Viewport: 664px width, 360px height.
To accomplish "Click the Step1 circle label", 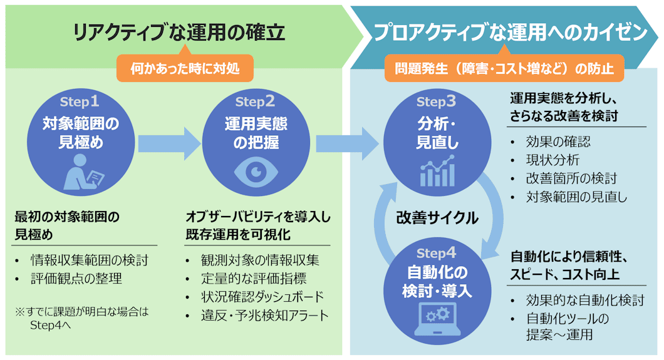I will click(x=80, y=101).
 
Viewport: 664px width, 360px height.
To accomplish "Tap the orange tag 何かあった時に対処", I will click(x=185, y=68).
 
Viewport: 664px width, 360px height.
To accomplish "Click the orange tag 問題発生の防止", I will click(x=504, y=68).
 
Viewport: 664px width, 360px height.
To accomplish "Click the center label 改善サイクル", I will click(x=437, y=218).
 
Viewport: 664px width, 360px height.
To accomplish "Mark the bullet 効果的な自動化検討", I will click(x=586, y=300).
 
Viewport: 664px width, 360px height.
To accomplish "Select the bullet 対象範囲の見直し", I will click(x=577, y=197).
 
